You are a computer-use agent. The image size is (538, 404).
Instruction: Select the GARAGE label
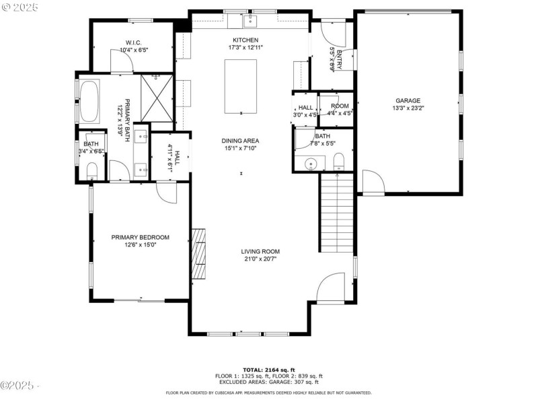(408, 100)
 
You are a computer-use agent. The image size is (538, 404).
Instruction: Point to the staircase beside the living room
(336, 211)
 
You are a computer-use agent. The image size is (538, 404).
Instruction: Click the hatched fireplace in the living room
(199, 253)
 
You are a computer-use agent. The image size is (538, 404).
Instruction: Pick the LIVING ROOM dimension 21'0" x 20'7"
(260, 259)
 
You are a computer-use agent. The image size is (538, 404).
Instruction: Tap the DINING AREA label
(240, 141)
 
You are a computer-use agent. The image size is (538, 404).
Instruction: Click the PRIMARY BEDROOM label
(140, 237)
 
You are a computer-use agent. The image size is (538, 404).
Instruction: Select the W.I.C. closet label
(132, 42)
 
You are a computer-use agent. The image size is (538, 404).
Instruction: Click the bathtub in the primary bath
(89, 100)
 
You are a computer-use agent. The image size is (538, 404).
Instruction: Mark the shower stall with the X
(157, 98)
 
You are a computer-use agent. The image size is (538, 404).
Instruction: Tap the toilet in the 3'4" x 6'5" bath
(91, 172)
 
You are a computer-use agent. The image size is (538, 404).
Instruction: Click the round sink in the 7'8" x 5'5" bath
(311, 163)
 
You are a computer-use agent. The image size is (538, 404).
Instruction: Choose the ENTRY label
(340, 59)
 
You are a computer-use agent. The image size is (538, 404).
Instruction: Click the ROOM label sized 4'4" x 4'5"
(340, 106)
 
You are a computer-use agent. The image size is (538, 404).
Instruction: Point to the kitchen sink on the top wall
(250, 20)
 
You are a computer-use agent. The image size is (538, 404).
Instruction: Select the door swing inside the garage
(372, 182)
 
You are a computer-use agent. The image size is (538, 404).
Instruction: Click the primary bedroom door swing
(166, 192)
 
